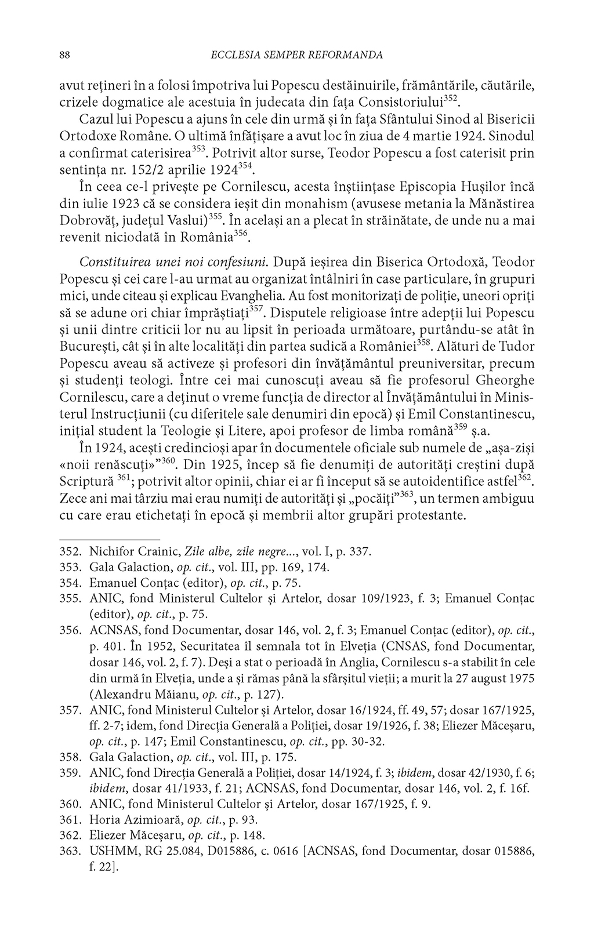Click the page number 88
coord(65,56)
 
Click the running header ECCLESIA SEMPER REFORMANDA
coord(295,56)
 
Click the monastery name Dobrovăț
coord(88,221)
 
